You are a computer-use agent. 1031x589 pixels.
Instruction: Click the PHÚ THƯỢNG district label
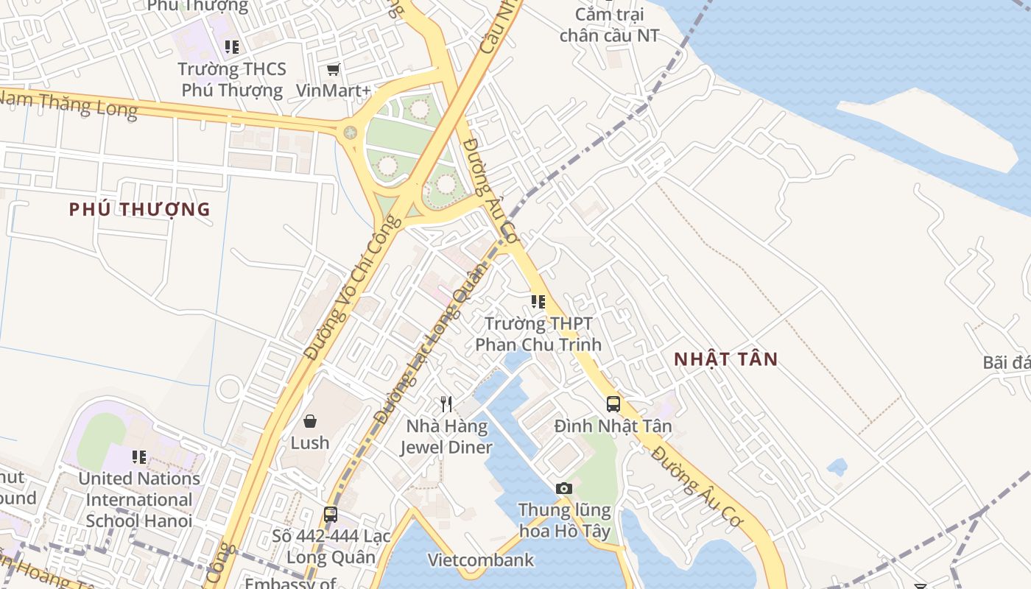click(139, 209)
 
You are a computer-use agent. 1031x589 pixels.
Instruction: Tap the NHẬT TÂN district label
click(726, 359)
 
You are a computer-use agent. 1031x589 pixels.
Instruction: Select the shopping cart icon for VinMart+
click(334, 70)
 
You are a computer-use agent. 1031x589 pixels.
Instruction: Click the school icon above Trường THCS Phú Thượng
click(232, 48)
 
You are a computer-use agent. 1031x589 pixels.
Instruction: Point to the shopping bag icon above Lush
click(310, 421)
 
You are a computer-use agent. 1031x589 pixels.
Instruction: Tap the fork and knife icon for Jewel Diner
click(446, 404)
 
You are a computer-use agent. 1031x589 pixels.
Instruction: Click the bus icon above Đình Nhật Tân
click(613, 403)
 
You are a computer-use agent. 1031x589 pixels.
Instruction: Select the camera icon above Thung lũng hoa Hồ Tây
click(564, 488)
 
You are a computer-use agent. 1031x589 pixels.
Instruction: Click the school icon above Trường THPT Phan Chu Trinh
click(538, 302)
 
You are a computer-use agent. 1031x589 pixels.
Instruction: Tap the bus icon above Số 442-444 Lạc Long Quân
click(331, 515)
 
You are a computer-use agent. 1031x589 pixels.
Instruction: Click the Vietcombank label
click(482, 560)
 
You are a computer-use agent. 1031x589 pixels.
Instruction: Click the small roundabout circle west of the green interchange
click(351, 133)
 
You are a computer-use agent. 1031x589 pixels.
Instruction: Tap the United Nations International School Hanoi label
click(139, 499)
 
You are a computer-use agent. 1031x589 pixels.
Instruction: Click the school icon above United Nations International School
click(139, 457)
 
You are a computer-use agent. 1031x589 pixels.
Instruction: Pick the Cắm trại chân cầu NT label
click(609, 25)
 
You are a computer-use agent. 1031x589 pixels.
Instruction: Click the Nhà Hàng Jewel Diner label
click(446, 437)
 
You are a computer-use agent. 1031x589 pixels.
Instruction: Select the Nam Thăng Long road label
click(70, 102)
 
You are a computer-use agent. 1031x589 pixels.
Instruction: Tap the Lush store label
click(310, 442)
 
